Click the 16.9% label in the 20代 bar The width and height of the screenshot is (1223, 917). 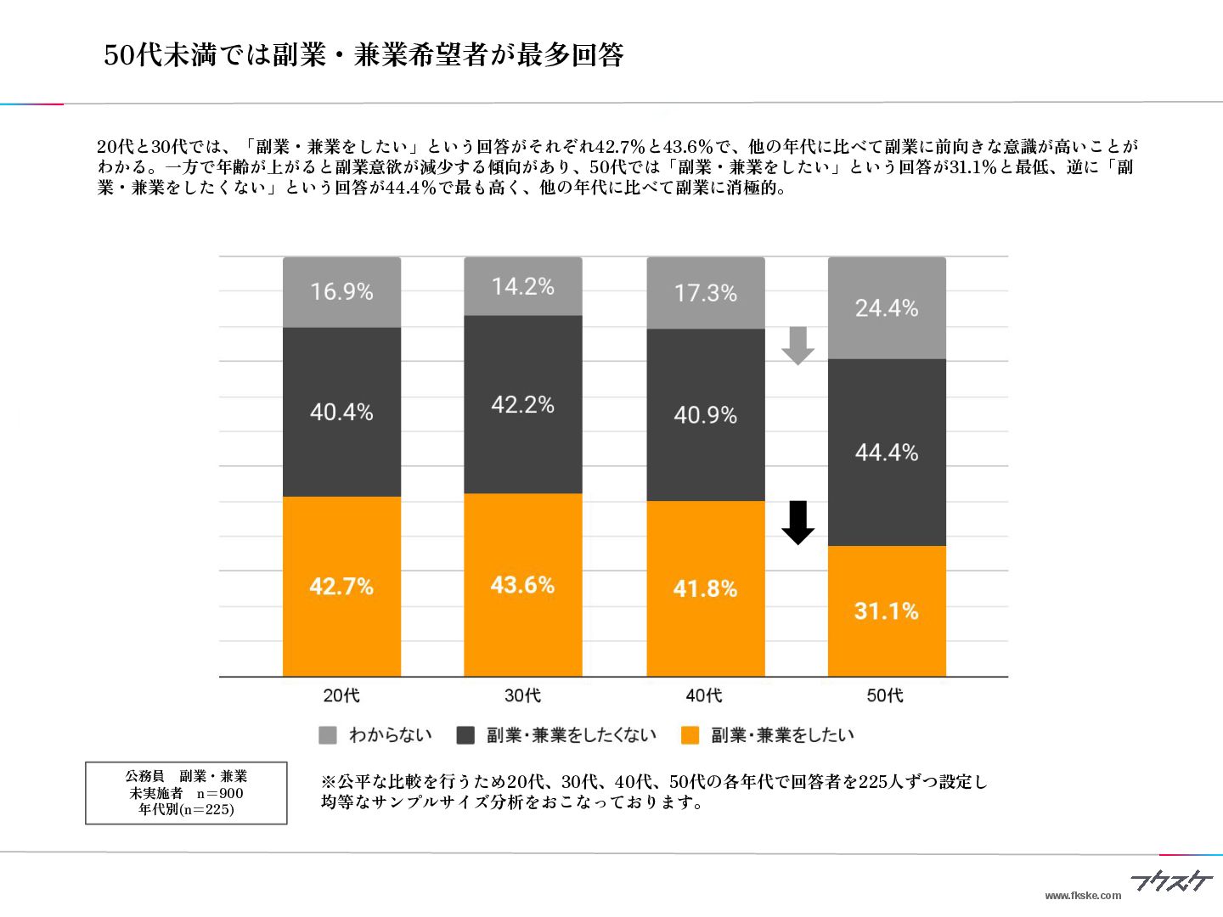coord(341,291)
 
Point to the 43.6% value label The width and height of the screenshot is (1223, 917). coord(522,585)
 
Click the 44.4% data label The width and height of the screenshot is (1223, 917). coord(887,453)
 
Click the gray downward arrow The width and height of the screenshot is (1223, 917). coord(797,345)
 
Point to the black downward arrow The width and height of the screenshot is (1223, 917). coord(797,522)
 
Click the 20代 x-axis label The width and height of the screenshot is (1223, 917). coord(341,695)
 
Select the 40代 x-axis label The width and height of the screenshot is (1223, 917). coord(704,695)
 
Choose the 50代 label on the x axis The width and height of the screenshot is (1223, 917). coord(885,695)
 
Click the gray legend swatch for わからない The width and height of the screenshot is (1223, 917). coord(327,735)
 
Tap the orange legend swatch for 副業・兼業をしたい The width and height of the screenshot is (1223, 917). coord(690,735)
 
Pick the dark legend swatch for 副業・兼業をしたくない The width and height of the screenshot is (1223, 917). coord(465,735)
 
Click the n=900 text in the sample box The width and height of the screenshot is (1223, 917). coord(220,793)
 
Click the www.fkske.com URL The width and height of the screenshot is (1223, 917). coord(1083,895)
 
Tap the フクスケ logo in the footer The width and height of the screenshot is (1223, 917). coord(1171,882)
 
